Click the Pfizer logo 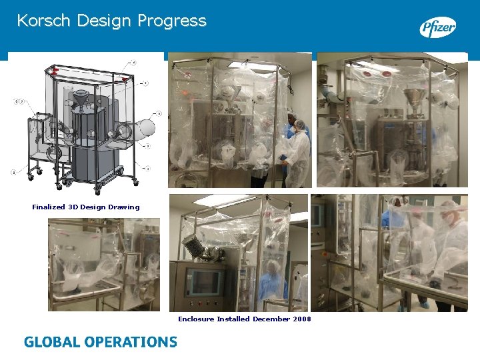coord(437,27)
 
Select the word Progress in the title coord(172,21)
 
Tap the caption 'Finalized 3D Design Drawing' coord(86,207)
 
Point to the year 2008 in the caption coord(301,319)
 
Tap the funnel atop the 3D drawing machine coord(81,99)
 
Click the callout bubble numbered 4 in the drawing coord(133,63)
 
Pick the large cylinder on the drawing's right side coord(146,125)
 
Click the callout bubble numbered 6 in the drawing coord(159,113)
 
